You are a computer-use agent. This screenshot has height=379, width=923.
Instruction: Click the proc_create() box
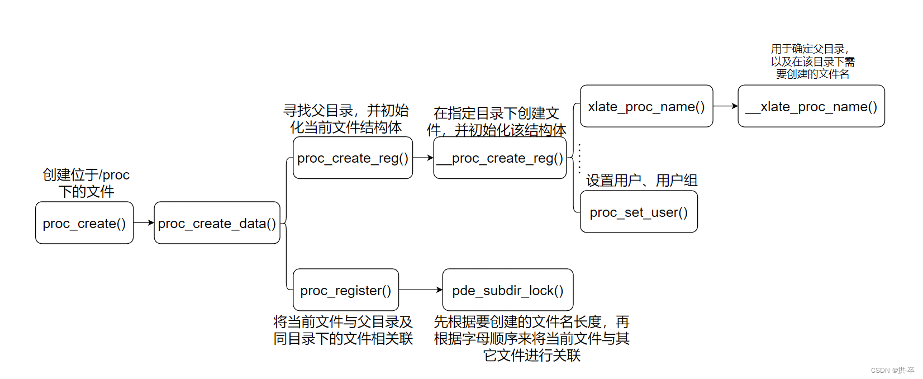[x=84, y=223]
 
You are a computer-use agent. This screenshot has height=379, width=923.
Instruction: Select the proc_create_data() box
[x=217, y=223]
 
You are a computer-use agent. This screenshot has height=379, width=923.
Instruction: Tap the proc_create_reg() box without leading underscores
[x=353, y=158]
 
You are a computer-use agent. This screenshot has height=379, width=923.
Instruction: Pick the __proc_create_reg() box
[x=499, y=158]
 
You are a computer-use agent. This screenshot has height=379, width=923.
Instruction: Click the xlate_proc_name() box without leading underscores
[x=646, y=106]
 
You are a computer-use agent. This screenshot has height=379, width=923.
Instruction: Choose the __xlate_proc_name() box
[x=811, y=106]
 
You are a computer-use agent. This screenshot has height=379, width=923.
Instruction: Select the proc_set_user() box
[x=639, y=212]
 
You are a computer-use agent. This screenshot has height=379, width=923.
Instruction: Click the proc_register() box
[x=346, y=290]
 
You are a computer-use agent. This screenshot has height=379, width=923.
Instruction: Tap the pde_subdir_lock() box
[x=507, y=290]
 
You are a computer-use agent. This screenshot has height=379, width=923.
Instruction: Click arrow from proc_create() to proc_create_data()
[x=144, y=222]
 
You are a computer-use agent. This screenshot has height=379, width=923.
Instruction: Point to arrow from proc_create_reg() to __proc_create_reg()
[x=423, y=158]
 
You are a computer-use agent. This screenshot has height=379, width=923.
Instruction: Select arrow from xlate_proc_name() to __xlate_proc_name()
[x=725, y=106]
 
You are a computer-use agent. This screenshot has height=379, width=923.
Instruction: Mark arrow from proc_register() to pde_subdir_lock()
[x=421, y=290]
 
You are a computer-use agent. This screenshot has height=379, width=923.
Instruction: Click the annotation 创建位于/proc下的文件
[x=86, y=183]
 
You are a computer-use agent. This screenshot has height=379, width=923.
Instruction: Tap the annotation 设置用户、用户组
[x=641, y=181]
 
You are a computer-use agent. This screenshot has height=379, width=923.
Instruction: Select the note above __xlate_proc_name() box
[x=812, y=61]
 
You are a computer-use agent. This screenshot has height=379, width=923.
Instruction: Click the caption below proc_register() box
[x=343, y=330]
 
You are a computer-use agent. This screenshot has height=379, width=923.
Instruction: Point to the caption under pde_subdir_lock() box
[x=531, y=338]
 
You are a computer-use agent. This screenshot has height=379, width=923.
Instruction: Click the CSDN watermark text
[x=892, y=370]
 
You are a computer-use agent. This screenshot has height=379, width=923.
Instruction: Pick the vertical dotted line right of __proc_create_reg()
[x=579, y=158]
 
